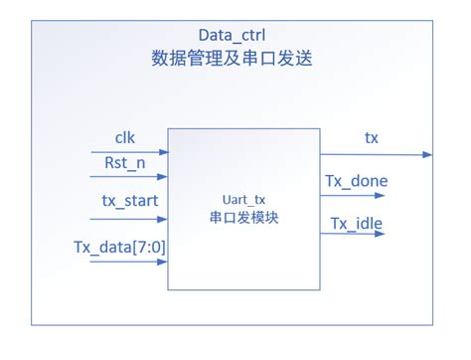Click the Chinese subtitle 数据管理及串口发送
point(234,59)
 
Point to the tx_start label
point(129,201)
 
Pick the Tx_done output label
point(356,181)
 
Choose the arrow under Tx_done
point(351,195)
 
